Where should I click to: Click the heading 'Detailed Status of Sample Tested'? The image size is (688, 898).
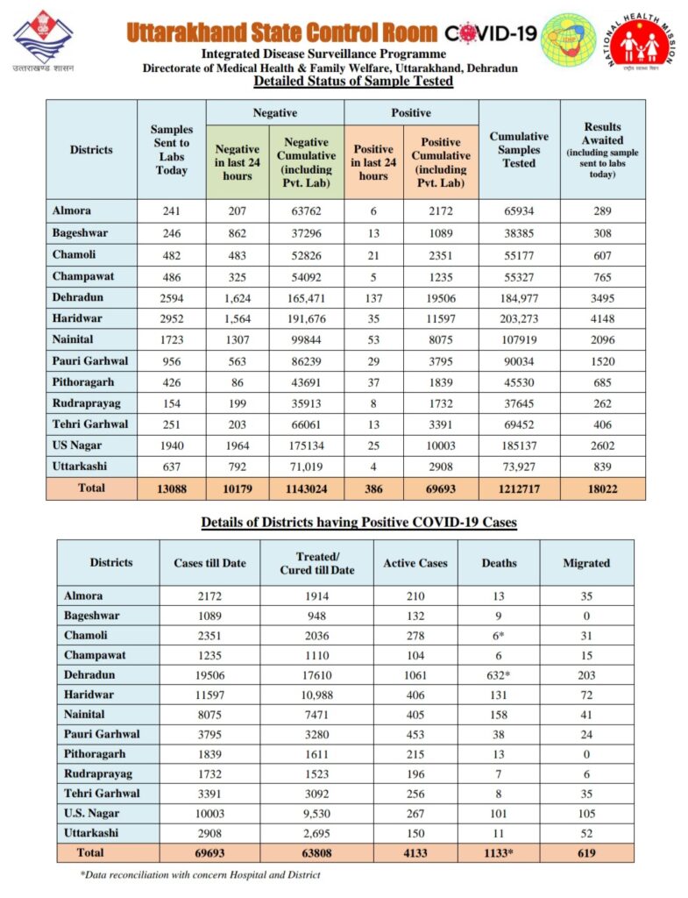[352, 82]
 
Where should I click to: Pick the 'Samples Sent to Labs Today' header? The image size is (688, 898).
[172, 150]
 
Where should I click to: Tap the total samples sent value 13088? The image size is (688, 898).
[172, 488]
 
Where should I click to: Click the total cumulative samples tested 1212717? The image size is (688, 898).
[519, 488]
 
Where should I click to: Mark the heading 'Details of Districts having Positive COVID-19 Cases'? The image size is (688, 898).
[358, 522]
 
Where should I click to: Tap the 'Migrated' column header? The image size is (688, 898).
[586, 562]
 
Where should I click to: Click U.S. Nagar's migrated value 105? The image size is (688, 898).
[586, 813]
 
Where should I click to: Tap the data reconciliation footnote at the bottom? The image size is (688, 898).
[200, 874]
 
